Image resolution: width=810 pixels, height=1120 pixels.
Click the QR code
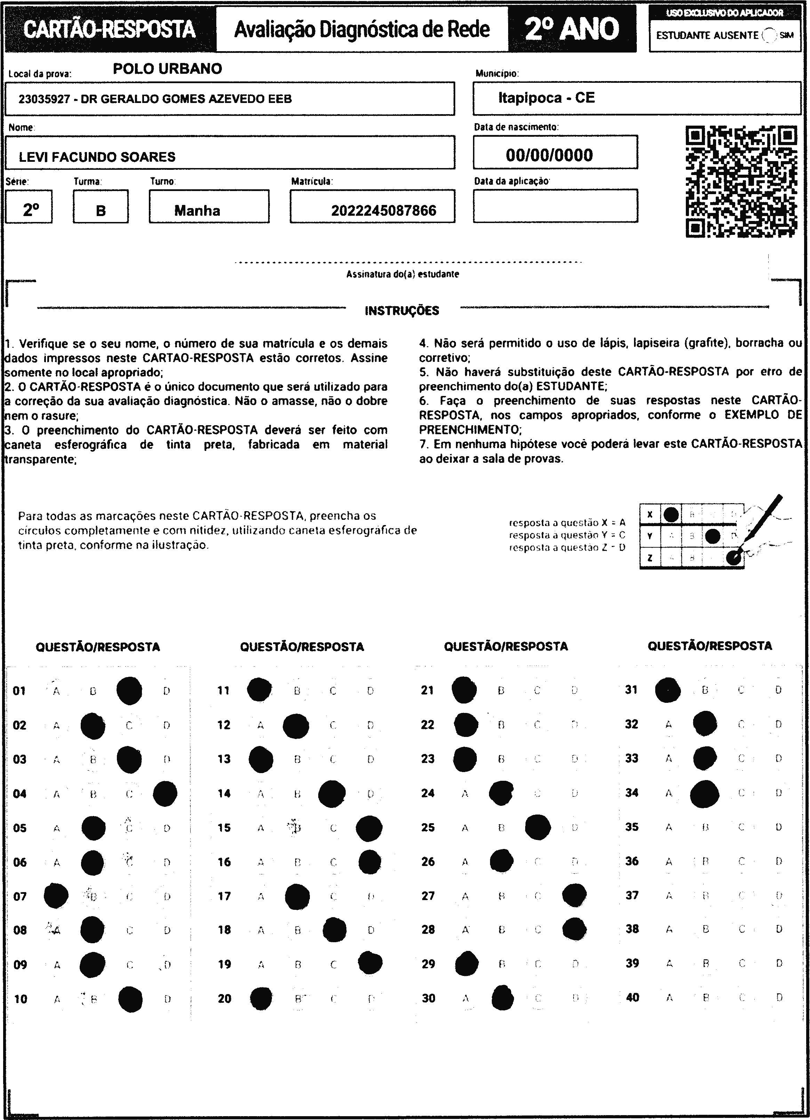(741, 181)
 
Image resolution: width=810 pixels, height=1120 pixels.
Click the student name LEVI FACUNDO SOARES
(97, 157)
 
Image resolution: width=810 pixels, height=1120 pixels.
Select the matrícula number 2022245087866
(384, 211)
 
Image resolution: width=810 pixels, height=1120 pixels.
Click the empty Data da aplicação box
(555, 206)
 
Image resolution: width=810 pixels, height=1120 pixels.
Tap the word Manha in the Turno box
(197, 211)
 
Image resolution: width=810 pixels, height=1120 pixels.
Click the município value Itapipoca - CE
(546, 98)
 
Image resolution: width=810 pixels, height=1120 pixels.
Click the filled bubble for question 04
(165, 794)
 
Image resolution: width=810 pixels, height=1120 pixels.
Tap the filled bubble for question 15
(369, 828)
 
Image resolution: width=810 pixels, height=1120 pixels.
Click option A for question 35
(669, 827)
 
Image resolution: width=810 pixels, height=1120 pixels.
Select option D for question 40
(779, 998)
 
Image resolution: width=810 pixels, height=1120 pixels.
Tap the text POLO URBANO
(167, 69)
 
